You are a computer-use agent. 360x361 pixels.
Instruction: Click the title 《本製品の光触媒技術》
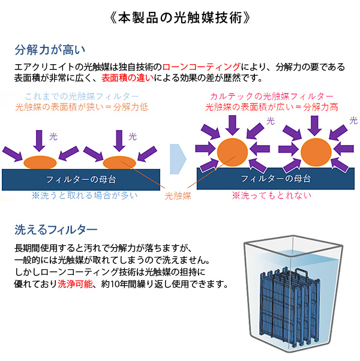tap(180, 16)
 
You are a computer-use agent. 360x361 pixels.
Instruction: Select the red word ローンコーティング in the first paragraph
tap(202, 66)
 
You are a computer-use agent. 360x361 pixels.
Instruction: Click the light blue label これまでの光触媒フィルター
tap(82, 97)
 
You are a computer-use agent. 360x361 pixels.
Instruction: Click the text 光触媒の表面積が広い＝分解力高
tap(272, 107)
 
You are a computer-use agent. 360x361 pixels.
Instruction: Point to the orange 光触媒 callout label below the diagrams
tap(178, 195)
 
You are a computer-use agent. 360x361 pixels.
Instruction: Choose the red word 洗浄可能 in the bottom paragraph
tap(76, 283)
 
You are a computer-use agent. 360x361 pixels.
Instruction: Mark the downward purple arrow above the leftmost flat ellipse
tap(39, 139)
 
